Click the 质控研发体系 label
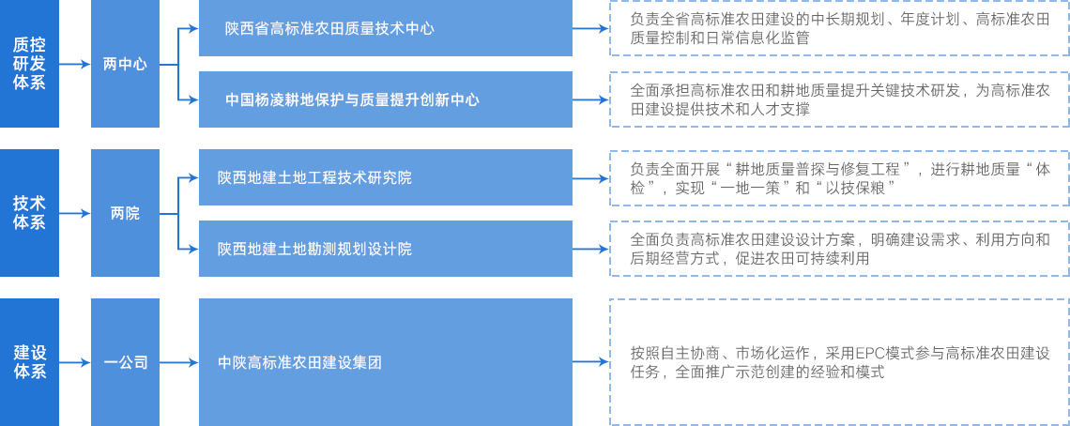click(x=29, y=63)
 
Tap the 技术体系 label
click(x=29, y=212)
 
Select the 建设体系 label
click(x=29, y=361)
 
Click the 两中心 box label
click(x=125, y=64)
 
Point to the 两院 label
click(x=125, y=213)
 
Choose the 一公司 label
click(x=125, y=362)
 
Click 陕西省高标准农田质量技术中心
click(x=329, y=28)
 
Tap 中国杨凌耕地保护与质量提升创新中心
click(x=352, y=99)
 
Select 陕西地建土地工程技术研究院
click(x=314, y=177)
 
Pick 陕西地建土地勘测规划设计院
click(x=314, y=249)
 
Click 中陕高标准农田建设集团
click(x=299, y=362)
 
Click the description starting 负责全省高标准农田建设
click(x=837, y=28)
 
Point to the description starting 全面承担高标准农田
click(x=837, y=99)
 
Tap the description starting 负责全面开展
click(x=837, y=178)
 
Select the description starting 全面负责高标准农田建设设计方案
click(x=837, y=249)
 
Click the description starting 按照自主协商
click(x=837, y=362)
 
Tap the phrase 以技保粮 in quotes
click(x=857, y=188)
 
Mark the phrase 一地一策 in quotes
click(x=755, y=188)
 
